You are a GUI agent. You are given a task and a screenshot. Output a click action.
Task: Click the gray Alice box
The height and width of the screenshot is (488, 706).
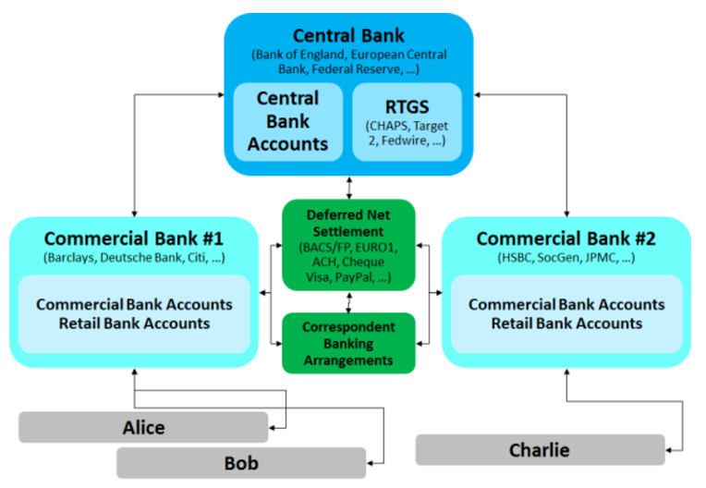pyautogui.click(x=143, y=427)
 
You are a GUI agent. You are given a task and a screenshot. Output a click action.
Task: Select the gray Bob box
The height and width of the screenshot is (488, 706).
pyautogui.click(x=241, y=463)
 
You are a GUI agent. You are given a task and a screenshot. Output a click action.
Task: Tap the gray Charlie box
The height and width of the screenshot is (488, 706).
pyautogui.click(x=540, y=450)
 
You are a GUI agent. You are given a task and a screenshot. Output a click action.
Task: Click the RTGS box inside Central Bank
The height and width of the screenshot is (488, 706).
pyautogui.click(x=407, y=122)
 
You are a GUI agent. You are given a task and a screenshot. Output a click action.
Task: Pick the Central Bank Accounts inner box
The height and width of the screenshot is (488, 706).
pyautogui.click(x=288, y=122)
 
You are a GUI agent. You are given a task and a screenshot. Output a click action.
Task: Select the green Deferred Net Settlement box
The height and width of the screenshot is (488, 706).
pyautogui.click(x=348, y=245)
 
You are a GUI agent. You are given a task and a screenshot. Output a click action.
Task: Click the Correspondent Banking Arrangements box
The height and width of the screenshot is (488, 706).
pyautogui.click(x=348, y=343)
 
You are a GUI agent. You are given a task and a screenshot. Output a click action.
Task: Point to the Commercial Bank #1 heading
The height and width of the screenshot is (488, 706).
pyautogui.click(x=134, y=238)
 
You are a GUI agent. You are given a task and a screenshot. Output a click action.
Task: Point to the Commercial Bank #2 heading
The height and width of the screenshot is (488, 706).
pyautogui.click(x=566, y=238)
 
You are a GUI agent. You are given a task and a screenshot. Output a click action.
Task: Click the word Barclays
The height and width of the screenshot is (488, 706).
pyautogui.click(x=70, y=258)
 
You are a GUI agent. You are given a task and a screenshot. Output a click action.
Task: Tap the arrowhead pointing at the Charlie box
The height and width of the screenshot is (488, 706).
pyautogui.click(x=669, y=450)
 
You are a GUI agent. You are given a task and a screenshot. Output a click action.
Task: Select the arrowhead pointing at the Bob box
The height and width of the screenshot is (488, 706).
pyautogui.click(x=371, y=463)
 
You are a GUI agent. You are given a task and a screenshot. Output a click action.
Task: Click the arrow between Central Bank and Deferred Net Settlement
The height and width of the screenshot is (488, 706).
pyautogui.click(x=349, y=188)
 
